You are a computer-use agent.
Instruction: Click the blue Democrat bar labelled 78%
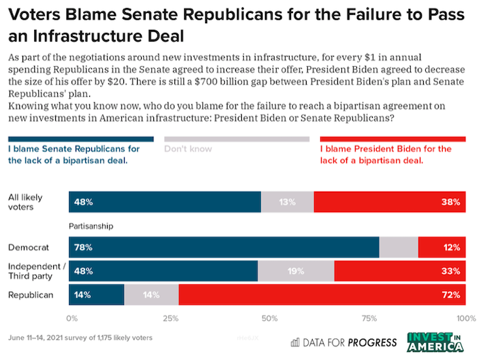coord(224,247)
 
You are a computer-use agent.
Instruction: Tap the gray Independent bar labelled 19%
coord(296,271)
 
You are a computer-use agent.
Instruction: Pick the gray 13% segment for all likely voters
coord(287,202)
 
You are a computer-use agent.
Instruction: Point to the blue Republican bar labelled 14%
coord(96,295)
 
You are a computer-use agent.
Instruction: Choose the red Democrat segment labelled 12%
coord(442,247)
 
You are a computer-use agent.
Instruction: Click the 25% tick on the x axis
coord(170,318)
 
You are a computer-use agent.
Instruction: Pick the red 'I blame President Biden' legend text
coord(385,154)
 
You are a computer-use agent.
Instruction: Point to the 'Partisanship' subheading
coord(91,224)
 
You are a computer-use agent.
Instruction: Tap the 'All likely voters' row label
coord(25,202)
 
